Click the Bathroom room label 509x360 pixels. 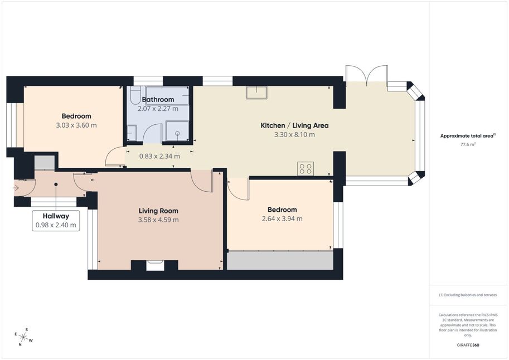(x=158, y=99)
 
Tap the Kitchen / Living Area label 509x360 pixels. (x=294, y=125)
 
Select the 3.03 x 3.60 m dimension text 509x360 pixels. (x=76, y=125)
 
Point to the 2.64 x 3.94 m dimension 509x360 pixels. (x=282, y=219)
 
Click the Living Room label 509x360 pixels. (x=158, y=211)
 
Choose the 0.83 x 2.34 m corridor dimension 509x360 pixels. (x=159, y=156)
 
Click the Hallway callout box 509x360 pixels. (x=56, y=221)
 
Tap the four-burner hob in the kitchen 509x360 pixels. (x=306, y=168)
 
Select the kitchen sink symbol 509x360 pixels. (x=256, y=93)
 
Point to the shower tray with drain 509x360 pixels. (x=177, y=131)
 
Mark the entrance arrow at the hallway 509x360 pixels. (x=16, y=188)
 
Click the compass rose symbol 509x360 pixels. (x=23, y=337)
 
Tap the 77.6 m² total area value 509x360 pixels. (x=468, y=144)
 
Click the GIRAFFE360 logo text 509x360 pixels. (x=468, y=345)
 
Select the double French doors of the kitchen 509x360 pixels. (x=366, y=74)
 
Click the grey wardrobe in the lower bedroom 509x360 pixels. (x=280, y=260)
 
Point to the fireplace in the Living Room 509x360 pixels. (x=154, y=265)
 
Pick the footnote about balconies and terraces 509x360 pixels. (x=468, y=295)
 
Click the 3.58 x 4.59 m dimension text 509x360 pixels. (x=158, y=220)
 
